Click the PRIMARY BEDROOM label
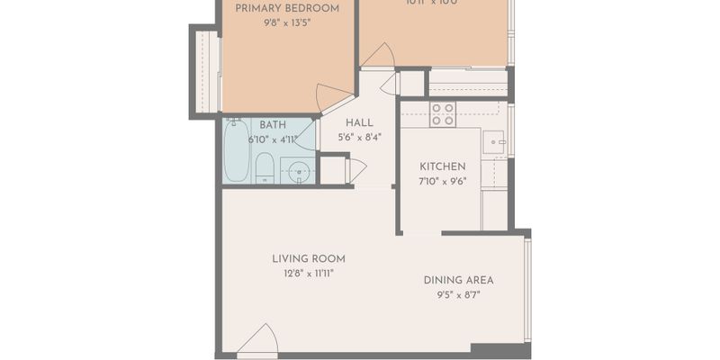[x=287, y=9]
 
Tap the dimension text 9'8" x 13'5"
[x=287, y=24]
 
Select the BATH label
[x=273, y=124]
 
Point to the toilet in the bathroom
[x=265, y=167]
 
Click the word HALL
[x=359, y=123]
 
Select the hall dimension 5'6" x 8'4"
[x=359, y=139]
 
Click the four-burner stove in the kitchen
[x=442, y=113]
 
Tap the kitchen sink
[x=493, y=142]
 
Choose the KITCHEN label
[x=443, y=166]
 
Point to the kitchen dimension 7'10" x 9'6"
[x=443, y=181]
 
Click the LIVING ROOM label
[x=309, y=259]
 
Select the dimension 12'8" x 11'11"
[x=309, y=274]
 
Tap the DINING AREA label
[x=458, y=280]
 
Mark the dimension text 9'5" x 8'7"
[x=458, y=295]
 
